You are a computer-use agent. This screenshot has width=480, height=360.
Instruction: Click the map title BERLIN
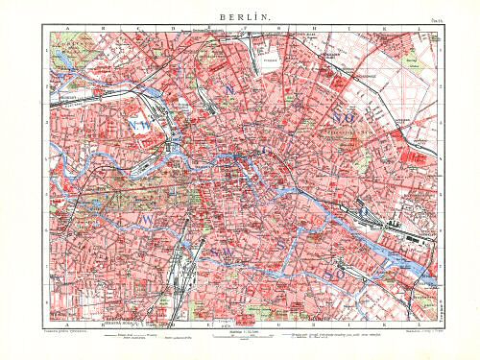240,17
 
